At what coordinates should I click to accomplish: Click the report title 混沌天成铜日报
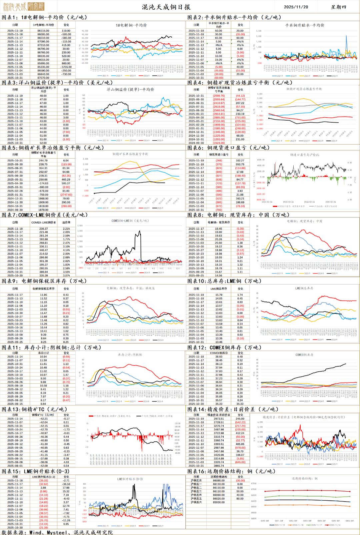point(166,7)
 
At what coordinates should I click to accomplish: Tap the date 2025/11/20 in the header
point(296,7)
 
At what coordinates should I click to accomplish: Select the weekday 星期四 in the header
point(338,7)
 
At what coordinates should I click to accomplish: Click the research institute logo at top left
point(23,6)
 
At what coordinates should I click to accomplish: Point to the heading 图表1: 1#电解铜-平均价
point(44,17)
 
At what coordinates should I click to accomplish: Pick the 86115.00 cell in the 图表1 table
point(43,31)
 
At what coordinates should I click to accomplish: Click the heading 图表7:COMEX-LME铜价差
point(45,215)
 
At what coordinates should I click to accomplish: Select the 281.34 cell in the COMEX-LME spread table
point(43,236)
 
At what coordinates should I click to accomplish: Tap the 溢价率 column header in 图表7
point(66,222)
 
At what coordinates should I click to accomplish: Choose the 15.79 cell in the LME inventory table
point(219,295)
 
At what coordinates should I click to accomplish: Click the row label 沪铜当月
point(196,480)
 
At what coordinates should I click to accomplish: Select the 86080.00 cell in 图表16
point(219,480)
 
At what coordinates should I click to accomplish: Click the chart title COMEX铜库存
point(304,355)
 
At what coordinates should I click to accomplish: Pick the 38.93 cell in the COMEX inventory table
point(219,357)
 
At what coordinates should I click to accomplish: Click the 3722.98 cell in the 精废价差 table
point(219,433)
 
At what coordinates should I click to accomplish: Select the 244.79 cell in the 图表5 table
point(43,161)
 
